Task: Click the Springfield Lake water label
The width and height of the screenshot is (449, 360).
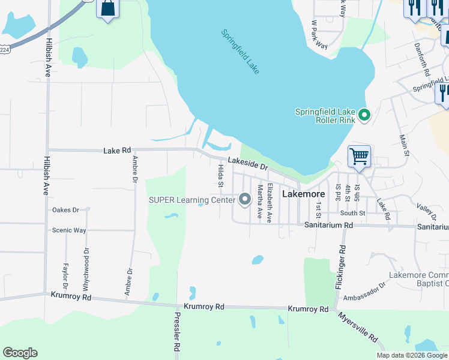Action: [240, 52]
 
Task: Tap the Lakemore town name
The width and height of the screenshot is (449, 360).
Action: [303, 194]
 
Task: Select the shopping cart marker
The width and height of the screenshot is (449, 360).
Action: [359, 157]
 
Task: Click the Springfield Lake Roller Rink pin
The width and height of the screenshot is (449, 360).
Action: [363, 115]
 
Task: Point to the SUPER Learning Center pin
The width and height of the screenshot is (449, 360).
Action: [244, 199]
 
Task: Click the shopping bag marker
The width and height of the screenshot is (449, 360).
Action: [108, 9]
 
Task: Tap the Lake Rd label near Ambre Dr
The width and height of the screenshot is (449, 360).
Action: [117, 151]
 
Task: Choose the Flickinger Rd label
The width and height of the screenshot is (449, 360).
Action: [341, 267]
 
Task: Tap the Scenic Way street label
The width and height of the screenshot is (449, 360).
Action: [69, 230]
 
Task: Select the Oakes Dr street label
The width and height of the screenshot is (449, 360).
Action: [65, 210]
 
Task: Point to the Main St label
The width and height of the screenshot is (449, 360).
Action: [405, 145]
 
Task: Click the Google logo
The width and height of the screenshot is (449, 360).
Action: [20, 353]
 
